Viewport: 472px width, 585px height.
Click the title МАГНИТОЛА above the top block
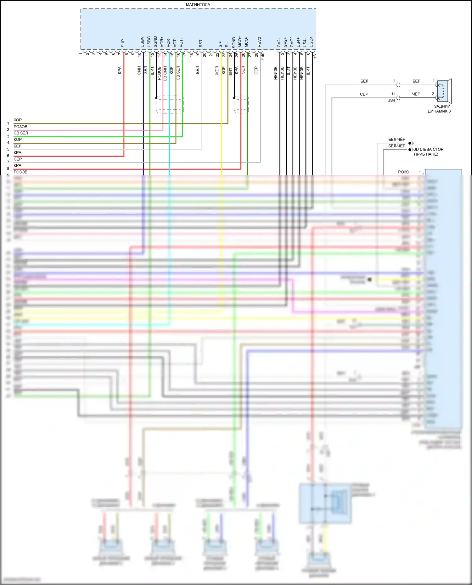198,5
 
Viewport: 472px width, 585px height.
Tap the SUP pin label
123,43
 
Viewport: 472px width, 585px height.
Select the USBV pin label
142,42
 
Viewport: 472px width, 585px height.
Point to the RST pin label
201,43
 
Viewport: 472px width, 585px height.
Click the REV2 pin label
259,42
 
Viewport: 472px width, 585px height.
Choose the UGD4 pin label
311,42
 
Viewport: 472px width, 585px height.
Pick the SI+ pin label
220,44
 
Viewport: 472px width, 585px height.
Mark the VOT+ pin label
175,42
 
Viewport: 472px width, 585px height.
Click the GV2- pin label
279,43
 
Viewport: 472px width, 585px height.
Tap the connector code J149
263,57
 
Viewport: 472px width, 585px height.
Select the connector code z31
315,56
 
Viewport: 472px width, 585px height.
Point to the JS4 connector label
391,101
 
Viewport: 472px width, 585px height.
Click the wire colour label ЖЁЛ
217,70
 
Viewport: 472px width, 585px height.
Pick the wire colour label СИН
139,70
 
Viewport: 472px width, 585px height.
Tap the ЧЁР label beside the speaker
416,94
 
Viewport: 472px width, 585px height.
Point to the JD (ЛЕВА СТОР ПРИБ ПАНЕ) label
428,152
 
